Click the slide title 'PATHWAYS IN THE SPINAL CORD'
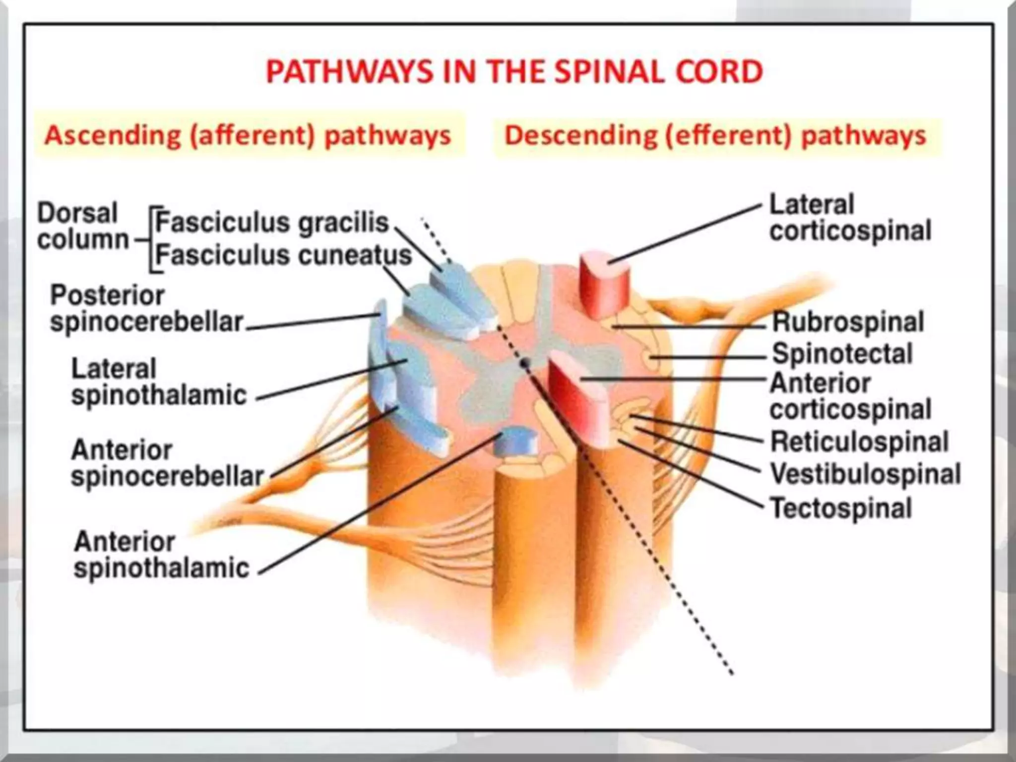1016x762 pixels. pyautogui.click(x=514, y=72)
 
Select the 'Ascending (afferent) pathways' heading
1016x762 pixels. pyautogui.click(x=248, y=135)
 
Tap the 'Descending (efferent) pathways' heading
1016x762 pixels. pyautogui.click(x=715, y=135)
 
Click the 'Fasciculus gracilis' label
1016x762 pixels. pyautogui.click(x=272, y=222)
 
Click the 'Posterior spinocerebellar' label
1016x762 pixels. pyautogui.click(x=146, y=309)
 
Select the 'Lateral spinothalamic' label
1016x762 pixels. pyautogui.click(x=159, y=382)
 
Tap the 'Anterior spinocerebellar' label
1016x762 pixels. pyautogui.click(x=167, y=463)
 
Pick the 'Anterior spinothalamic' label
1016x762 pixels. pyautogui.click(x=161, y=555)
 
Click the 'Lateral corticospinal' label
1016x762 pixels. pyautogui.click(x=850, y=218)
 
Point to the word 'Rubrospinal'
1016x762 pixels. pyautogui.click(x=848, y=321)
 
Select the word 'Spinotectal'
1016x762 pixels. pyautogui.click(x=842, y=354)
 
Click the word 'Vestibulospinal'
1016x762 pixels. pyautogui.click(x=865, y=474)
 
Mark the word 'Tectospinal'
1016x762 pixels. pyautogui.click(x=841, y=508)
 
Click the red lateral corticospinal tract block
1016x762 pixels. pyautogui.click(x=604, y=283)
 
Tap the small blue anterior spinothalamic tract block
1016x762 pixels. pyautogui.click(x=516, y=441)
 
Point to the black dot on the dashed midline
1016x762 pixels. pyautogui.click(x=525, y=364)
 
